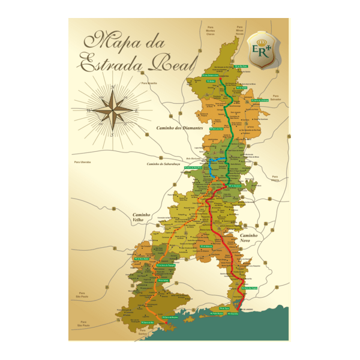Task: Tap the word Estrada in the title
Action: pyautogui.click(x=108, y=62)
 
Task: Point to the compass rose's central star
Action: pyautogui.click(x=112, y=110)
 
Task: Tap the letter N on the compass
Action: pyautogui.click(x=112, y=88)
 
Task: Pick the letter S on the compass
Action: pyautogui.click(x=112, y=134)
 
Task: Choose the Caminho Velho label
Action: pyautogui.click(x=144, y=218)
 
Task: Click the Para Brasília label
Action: pyautogui.click(x=149, y=83)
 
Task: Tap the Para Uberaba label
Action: pyautogui.click(x=82, y=162)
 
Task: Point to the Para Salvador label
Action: pyautogui.click(x=275, y=97)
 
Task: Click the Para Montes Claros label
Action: pyautogui.click(x=210, y=30)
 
